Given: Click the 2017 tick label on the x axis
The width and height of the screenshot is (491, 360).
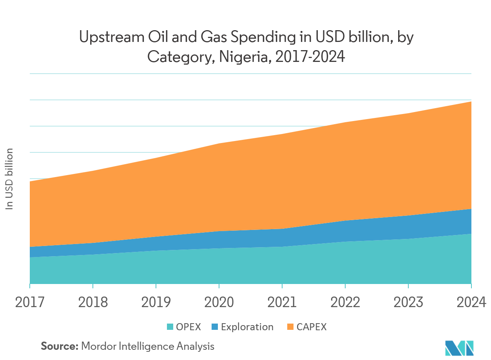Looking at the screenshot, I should coord(30,302).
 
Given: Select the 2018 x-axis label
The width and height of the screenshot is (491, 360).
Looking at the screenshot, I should coord(93,302).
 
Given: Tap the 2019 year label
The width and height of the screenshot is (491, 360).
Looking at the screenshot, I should coord(156,302).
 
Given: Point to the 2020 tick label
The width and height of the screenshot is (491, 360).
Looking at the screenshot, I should coord(219,302).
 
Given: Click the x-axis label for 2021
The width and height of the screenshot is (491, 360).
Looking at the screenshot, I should coord(282,302).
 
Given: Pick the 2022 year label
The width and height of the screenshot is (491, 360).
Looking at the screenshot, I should coord(345,302).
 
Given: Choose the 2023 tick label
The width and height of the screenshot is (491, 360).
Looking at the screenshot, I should coord(408,302).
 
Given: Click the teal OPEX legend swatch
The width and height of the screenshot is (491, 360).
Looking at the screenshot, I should coord(170,327).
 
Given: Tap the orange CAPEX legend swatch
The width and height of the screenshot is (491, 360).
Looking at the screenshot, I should coord(290,327).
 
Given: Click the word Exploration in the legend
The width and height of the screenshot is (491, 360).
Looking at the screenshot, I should coord(247,327).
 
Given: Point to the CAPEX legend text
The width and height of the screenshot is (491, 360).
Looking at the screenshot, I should coord(312,327).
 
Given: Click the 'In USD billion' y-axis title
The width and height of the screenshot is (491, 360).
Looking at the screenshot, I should coord(9,179).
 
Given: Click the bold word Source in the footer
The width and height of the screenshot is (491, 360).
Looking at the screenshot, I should coord(59,346).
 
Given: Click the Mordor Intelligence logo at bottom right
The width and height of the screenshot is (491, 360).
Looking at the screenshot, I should coord(459,347).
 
